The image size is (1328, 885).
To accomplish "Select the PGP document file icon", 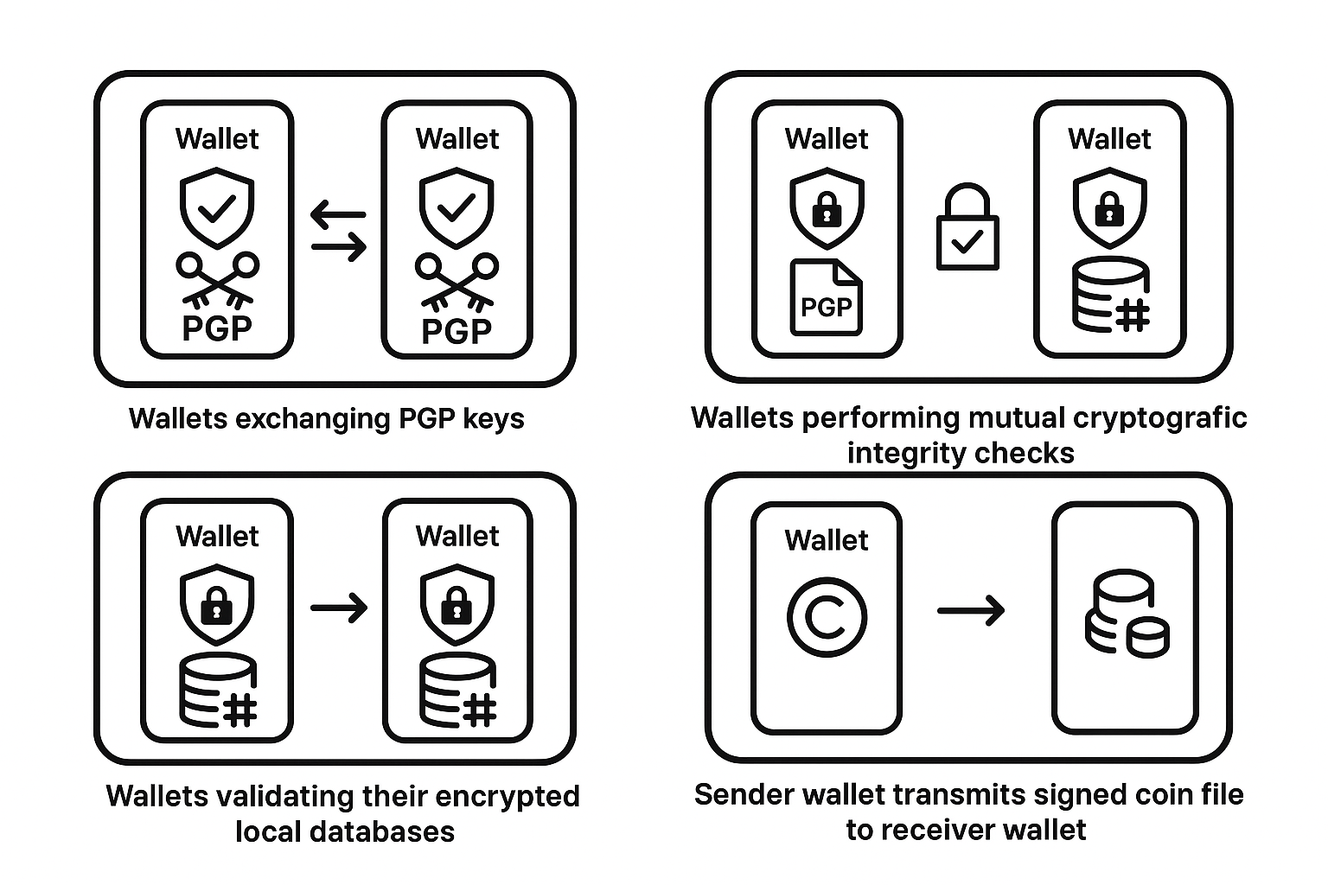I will point(827,297).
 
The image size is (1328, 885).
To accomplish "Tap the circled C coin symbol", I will point(827,617).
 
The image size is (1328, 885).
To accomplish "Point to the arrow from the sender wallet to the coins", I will point(971,611).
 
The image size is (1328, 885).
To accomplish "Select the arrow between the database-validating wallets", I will point(339,608).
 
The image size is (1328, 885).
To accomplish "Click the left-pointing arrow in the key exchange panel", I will point(338,213).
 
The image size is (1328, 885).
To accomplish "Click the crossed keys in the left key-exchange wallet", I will point(217,279).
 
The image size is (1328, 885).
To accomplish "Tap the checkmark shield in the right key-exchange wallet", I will point(457,207).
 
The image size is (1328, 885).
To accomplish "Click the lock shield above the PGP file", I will point(827,207).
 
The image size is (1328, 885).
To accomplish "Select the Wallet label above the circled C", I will point(827,540).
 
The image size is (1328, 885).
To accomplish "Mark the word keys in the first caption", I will point(494,418).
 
